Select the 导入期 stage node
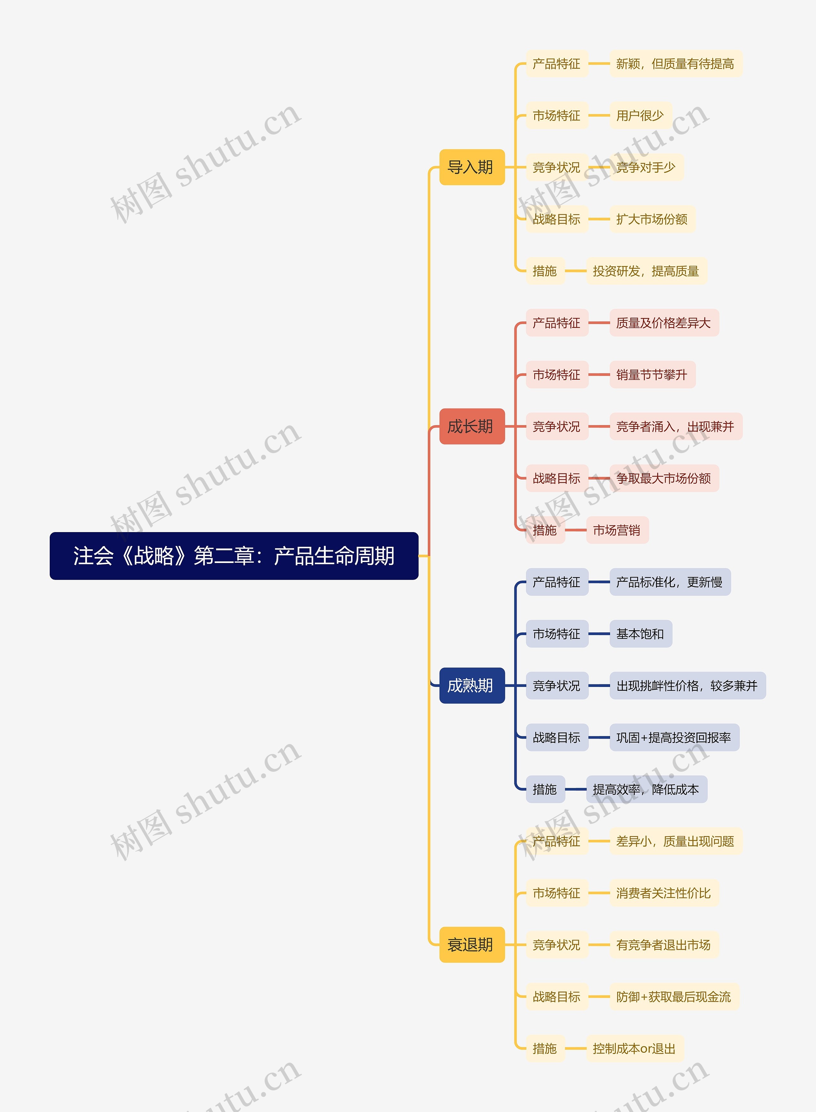click(472, 167)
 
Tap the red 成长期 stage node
click(472, 426)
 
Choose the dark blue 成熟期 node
click(472, 685)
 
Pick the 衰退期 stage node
click(472, 945)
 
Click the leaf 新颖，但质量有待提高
click(675, 64)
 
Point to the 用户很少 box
click(640, 116)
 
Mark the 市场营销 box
click(617, 530)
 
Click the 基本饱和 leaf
click(640, 634)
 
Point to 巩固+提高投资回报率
click(674, 738)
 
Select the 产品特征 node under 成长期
click(557, 323)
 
